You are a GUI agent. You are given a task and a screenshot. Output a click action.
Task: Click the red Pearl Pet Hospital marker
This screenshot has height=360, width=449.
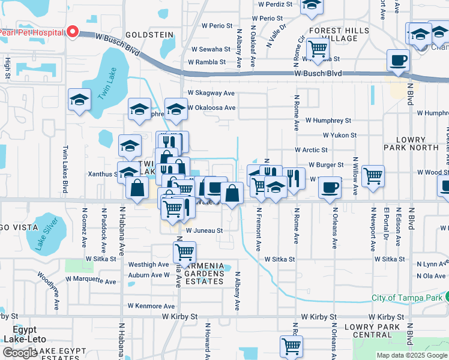(73, 31)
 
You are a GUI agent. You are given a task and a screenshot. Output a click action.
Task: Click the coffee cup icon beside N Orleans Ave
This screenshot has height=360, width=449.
(329, 187)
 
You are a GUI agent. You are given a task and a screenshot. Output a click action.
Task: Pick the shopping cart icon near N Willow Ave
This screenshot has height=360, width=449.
(373, 176)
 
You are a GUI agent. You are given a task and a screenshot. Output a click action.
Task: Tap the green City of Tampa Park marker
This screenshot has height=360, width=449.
(446, 297)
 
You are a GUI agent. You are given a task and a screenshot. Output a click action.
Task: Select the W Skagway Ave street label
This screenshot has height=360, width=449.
(211, 93)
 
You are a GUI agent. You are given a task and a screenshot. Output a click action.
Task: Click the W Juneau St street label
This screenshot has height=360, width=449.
(204, 230)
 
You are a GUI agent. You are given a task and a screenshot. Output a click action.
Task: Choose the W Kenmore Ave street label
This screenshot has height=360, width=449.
(151, 305)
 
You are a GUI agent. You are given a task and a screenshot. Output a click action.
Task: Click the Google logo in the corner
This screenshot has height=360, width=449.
(20, 353)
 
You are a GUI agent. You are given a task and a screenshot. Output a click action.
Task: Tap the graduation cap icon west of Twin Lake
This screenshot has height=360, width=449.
(79, 101)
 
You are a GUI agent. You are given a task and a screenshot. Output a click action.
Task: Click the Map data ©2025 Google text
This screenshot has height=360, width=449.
(411, 355)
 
